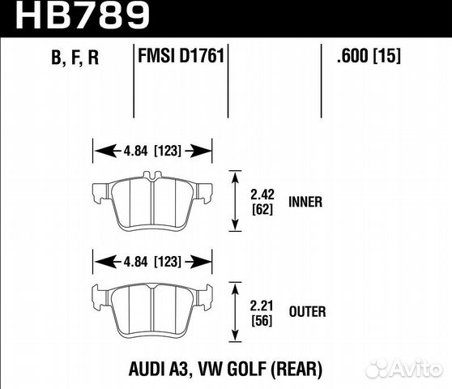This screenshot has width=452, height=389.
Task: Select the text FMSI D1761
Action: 179,58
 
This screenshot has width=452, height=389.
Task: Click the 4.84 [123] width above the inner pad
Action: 153,149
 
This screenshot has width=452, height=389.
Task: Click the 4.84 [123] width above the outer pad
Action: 153,261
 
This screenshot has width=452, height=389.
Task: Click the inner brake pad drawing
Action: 153,203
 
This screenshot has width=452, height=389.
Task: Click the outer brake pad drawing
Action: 153,311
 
